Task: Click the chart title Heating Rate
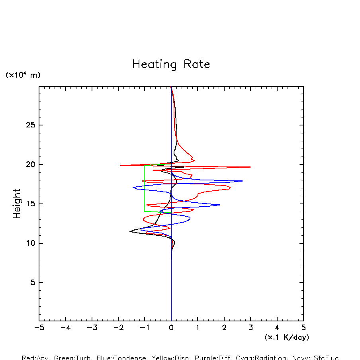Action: pos(171,65)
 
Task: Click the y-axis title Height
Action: pos(17,203)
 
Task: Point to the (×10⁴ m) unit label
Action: pos(23,75)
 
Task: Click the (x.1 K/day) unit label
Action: pos(287,337)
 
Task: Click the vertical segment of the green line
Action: pos(144,187)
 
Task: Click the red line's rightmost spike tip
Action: pos(250,167)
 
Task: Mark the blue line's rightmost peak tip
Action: pos(242,181)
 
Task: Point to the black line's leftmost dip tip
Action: pos(130,231)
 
